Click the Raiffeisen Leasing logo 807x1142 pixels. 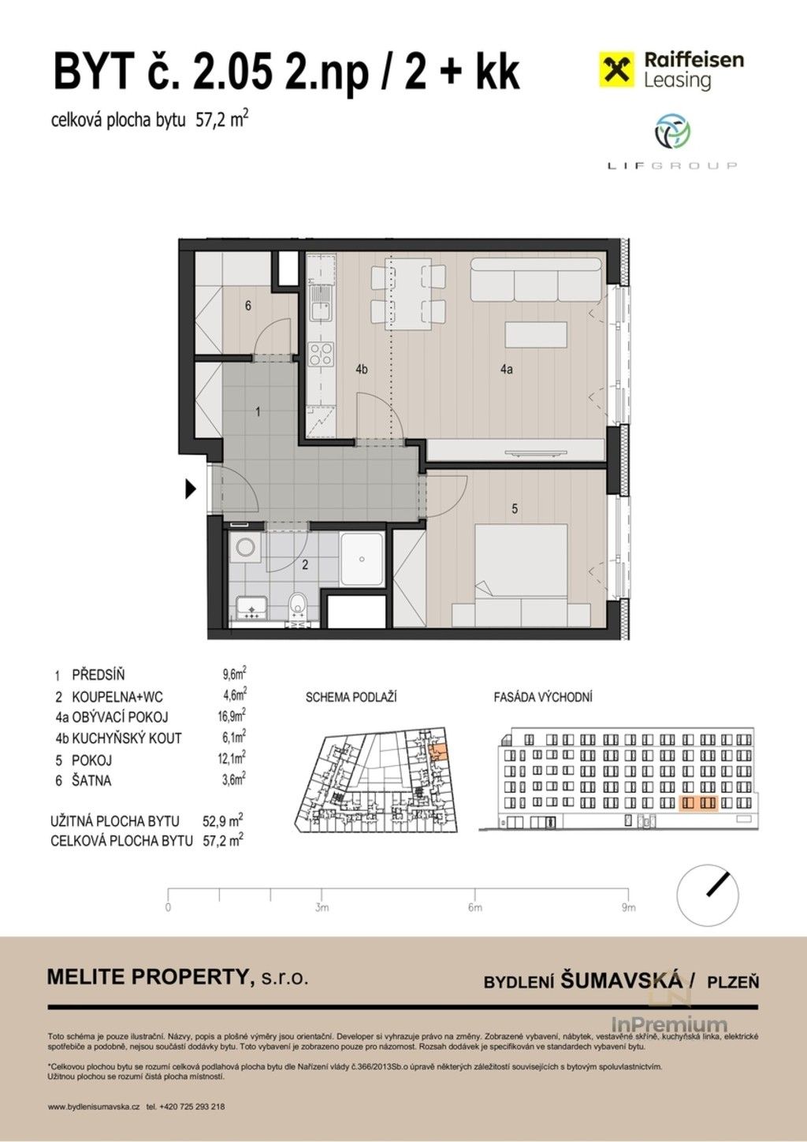tap(671, 69)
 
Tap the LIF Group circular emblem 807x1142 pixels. tap(673, 132)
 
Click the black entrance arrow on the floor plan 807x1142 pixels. tap(190, 489)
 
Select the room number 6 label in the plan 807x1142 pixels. tap(247, 306)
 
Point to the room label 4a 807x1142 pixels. tap(506, 368)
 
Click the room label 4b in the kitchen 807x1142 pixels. tap(362, 368)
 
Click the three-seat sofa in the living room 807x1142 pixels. tap(536, 280)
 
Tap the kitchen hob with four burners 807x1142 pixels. tap(321, 355)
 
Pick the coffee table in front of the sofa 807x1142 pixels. tap(536, 333)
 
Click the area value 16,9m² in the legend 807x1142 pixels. tap(233, 716)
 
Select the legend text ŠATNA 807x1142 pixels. tap(91, 781)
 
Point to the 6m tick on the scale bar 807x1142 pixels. tap(474, 907)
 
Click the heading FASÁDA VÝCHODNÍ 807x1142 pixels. tap(542, 697)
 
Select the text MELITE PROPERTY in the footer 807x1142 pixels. tap(147, 977)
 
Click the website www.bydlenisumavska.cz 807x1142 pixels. tap(94, 1107)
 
